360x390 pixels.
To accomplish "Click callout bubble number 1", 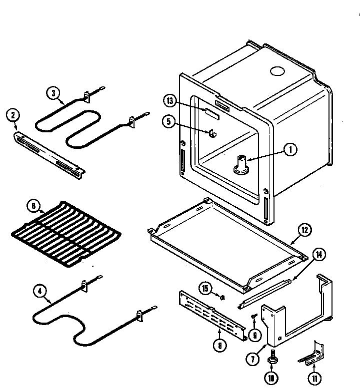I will pos(289,148).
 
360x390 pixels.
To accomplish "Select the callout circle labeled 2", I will pos(12,116).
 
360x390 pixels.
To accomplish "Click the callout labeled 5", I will pos(169,121).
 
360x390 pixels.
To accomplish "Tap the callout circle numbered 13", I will pos(170,101).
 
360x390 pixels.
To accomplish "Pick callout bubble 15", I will pos(205,288).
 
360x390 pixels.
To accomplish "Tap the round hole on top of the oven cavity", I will pos(275,72).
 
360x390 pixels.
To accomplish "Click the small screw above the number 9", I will pos(254,317).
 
